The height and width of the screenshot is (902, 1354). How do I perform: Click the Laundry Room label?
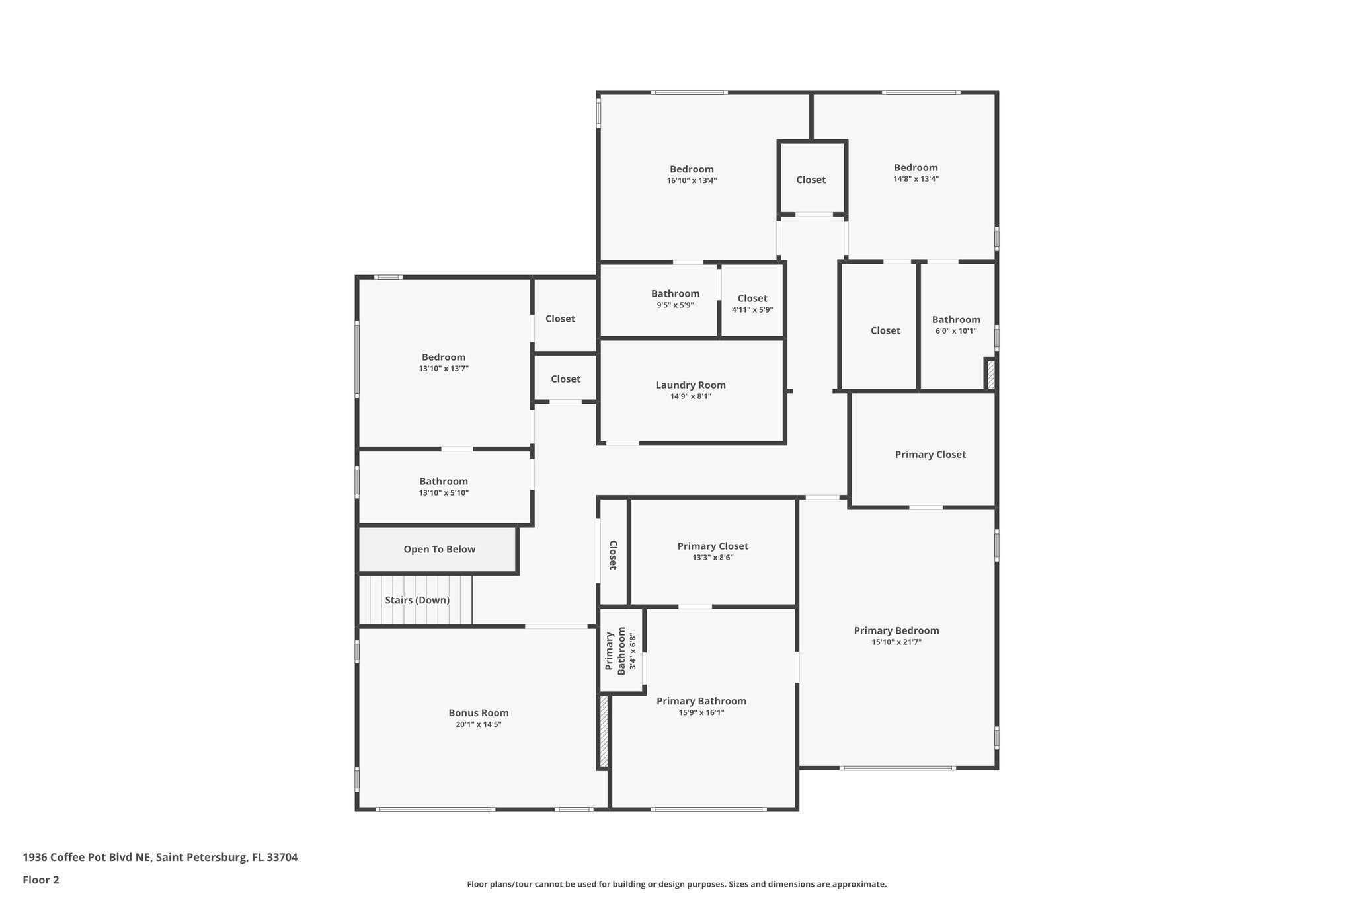click(690, 385)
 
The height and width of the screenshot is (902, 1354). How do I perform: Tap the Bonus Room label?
click(479, 713)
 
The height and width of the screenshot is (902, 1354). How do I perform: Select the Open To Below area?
click(439, 549)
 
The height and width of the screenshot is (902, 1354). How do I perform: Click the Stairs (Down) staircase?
click(417, 600)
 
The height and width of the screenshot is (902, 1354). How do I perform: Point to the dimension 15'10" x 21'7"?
click(896, 642)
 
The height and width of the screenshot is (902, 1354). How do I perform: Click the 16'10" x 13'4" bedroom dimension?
click(692, 180)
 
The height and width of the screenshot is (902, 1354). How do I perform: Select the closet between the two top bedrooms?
click(811, 180)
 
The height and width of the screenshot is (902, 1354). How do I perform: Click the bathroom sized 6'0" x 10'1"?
click(956, 324)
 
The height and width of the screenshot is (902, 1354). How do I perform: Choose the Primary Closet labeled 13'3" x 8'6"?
click(713, 551)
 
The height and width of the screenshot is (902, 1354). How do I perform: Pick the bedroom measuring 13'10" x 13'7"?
click(444, 362)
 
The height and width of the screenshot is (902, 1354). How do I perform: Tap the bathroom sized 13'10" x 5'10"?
click(444, 486)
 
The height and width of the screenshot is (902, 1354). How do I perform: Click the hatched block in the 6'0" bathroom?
click(990, 375)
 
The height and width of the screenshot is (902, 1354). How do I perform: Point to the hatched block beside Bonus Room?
click(604, 731)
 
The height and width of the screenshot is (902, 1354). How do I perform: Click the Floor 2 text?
click(41, 880)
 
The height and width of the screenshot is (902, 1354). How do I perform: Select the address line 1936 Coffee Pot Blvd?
click(160, 858)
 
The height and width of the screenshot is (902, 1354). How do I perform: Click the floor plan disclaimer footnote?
click(676, 884)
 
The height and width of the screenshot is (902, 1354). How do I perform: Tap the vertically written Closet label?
click(613, 555)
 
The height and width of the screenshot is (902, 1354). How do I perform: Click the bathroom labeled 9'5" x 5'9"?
click(675, 299)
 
